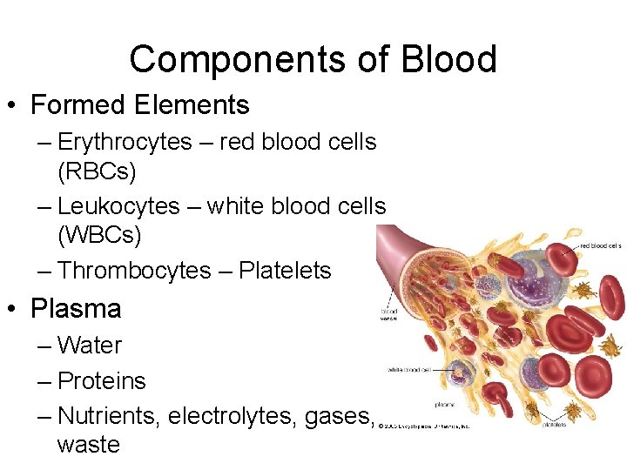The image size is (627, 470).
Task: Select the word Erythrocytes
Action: [125, 142]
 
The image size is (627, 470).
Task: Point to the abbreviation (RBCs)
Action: [97, 171]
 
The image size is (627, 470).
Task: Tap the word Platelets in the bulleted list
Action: [285, 271]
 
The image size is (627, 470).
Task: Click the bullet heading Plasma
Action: [76, 309]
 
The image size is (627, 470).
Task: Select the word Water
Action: [90, 346]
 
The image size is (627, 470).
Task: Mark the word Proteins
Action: [101, 381]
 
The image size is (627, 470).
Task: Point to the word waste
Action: [88, 445]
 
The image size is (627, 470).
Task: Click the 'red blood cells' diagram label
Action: [600, 245]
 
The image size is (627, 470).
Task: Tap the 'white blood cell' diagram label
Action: [410, 370]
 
